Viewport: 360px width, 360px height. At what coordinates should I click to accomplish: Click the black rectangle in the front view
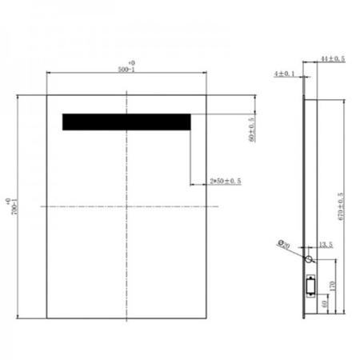tap(126, 121)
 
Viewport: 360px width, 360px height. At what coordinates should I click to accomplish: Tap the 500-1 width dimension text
tap(126, 70)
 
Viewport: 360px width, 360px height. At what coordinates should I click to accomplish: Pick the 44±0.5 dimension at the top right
tap(333, 59)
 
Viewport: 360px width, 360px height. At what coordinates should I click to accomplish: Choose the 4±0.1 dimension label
tap(284, 74)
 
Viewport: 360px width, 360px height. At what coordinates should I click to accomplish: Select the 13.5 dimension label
tap(326, 246)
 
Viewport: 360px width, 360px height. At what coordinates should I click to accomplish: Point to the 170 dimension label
tap(332, 284)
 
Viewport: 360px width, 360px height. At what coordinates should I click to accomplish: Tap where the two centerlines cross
tap(126, 206)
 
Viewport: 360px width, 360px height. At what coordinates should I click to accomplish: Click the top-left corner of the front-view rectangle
tap(46, 95)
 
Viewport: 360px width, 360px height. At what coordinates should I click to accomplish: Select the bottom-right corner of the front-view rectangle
tap(206, 318)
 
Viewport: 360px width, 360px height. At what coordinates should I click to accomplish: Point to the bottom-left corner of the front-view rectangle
tap(46, 318)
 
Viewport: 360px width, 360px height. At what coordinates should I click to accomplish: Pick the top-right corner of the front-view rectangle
tap(206, 95)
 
